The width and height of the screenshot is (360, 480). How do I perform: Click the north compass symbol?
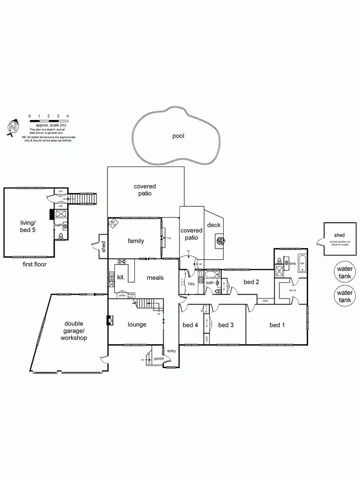pos(14,128)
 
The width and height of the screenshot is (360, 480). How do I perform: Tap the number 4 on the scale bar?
pos(68,116)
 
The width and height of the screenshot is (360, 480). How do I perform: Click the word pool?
pos(178,136)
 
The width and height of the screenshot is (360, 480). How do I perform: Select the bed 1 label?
pos(277,325)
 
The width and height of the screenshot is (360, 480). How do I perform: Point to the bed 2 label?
pos(251,282)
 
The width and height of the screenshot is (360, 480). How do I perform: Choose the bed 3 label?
pos(226,325)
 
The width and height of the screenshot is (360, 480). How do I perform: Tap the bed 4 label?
pos(190,325)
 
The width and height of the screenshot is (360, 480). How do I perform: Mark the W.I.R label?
pos(290,291)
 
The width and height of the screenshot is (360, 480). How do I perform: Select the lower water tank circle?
pos(344,296)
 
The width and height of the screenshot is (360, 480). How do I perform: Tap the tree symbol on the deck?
pos(220,241)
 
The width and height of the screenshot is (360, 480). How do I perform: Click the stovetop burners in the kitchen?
pos(122,262)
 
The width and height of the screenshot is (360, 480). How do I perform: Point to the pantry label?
pos(122,296)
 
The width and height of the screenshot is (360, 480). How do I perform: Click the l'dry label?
pos(192,284)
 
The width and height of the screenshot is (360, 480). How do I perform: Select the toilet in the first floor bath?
pos(61,236)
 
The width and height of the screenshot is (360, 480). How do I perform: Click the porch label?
pos(159,359)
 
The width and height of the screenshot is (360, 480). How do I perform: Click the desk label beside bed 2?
pos(265,301)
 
